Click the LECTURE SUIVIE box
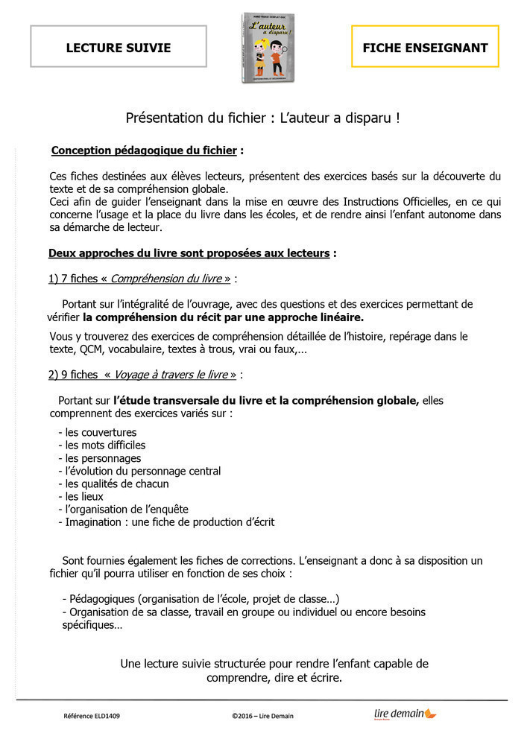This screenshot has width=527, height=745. point(119,48)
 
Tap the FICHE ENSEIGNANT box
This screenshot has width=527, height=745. point(425,48)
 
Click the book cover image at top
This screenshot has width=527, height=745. point(265,48)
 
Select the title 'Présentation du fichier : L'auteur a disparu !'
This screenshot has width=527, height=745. point(263,118)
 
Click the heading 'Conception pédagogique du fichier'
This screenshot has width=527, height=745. point(144,150)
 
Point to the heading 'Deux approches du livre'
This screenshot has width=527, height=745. point(189,253)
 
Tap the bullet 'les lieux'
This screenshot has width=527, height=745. point(84,496)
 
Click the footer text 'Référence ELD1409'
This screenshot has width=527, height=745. point(92,717)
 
